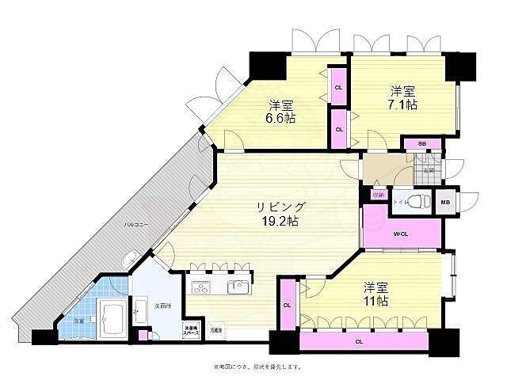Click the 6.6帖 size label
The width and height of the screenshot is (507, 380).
point(281,118)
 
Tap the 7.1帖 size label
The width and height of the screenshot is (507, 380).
point(402,104)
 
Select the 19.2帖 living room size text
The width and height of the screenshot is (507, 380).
point(281,222)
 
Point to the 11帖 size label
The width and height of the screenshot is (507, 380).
point(376,301)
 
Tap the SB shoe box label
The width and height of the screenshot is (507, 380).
point(423,144)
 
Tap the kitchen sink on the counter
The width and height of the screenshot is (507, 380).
point(237,286)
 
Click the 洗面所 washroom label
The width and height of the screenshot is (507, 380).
point(164,305)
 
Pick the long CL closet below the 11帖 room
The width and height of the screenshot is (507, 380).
point(359,342)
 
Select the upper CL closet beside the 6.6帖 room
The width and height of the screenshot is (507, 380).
point(338,87)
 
